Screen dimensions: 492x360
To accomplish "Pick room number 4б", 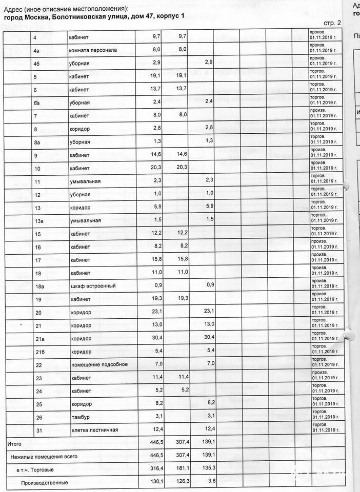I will (37, 63).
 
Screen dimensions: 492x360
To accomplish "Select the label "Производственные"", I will (44, 482).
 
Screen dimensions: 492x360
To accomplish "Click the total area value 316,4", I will (155, 469).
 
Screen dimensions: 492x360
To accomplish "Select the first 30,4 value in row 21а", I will (155, 338).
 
